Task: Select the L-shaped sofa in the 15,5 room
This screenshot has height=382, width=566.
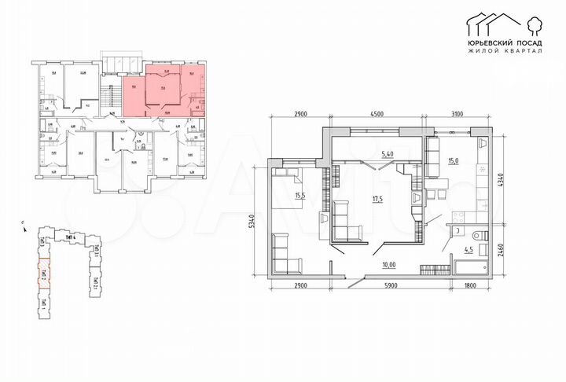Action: coord(284,252)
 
